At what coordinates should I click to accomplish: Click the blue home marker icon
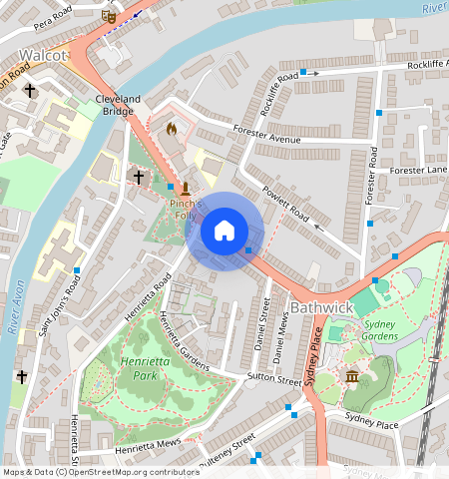[224, 232]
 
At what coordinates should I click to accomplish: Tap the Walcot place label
[42, 54]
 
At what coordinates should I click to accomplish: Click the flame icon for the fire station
[171, 129]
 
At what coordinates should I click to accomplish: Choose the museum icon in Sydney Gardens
[352, 376]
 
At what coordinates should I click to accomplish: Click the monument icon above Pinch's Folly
[186, 187]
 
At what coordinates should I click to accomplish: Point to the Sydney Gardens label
[380, 330]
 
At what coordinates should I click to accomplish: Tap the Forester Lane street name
[421, 170]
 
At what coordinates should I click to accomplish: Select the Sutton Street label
[274, 381]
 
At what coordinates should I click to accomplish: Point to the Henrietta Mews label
[147, 442]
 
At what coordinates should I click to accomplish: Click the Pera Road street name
[55, 20]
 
